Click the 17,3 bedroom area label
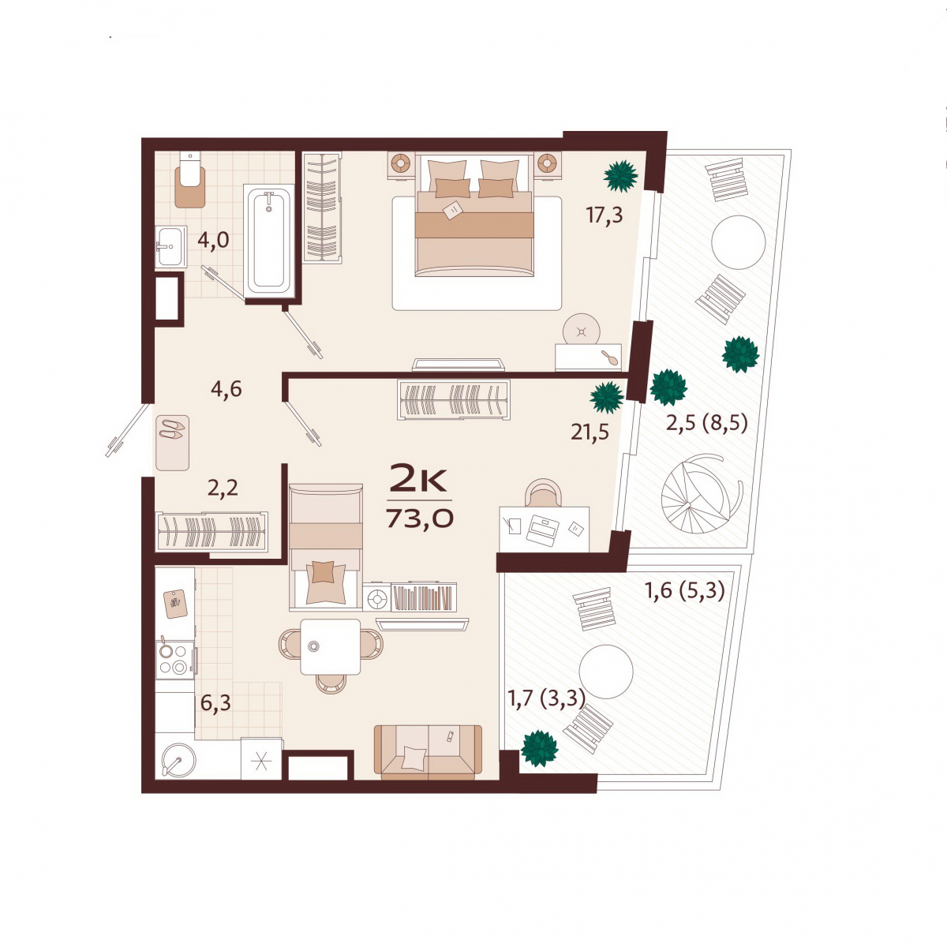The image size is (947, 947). point(604,215)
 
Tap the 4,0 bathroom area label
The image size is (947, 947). point(213,241)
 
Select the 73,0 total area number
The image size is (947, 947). point(419,518)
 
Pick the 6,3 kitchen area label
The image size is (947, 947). point(215,703)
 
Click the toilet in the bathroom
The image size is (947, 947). point(189,179)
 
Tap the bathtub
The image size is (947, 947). point(269,241)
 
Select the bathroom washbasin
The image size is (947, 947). point(170,246)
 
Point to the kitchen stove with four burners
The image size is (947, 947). point(175,660)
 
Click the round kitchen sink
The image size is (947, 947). point(178,759)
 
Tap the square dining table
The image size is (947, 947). point(330,647)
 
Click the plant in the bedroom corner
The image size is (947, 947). point(621,176)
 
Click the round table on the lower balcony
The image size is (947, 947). point(606,672)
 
